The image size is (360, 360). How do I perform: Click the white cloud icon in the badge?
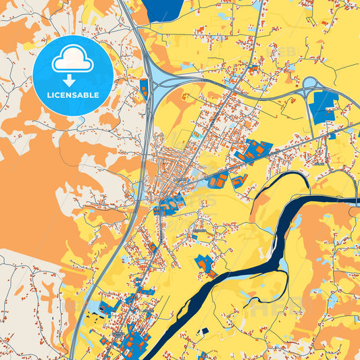tap(72, 60)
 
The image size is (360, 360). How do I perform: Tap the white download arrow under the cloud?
tap(72, 80)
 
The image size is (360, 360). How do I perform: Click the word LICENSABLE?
tap(72, 95)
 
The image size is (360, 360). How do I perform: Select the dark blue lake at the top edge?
tap(162, 9)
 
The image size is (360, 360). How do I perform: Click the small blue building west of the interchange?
tap(143, 87)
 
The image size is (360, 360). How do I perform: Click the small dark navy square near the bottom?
tap(205, 331)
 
